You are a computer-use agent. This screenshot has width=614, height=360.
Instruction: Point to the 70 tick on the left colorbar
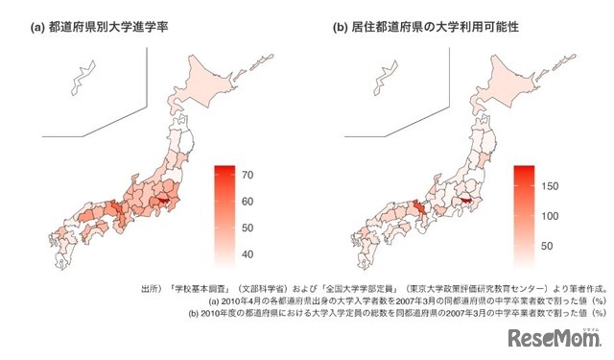coord(247,175)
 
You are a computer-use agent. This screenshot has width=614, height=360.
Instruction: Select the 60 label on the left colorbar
coord(247,202)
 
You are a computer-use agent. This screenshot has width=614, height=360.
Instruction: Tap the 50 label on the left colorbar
coord(247,228)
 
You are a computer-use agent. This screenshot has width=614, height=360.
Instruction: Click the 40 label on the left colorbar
coord(247,253)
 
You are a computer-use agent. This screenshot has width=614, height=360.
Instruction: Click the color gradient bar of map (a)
coord(224,212)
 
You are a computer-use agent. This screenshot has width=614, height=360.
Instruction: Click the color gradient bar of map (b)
coord(524,212)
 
